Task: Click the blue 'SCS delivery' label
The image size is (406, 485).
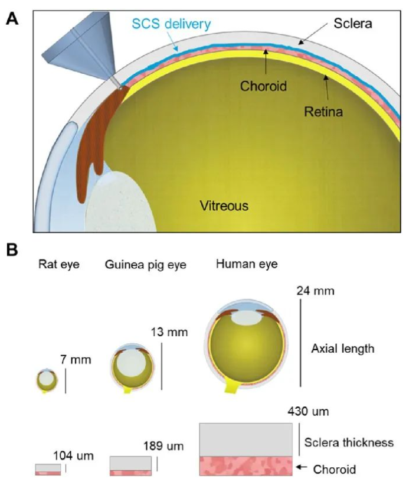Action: (172, 24)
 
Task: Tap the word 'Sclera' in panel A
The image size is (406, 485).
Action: (352, 24)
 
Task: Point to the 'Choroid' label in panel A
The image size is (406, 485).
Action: (264, 86)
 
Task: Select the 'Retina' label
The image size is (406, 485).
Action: (323, 112)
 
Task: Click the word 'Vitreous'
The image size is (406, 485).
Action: (224, 206)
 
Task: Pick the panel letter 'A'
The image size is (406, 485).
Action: (12, 19)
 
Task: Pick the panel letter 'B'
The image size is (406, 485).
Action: (12, 250)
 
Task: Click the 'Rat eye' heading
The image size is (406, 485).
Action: (58, 264)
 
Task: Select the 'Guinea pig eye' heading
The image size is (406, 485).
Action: (146, 265)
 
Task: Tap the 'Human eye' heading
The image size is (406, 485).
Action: (247, 264)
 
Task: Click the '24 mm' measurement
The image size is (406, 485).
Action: (315, 291)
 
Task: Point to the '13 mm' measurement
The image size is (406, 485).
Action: (169, 332)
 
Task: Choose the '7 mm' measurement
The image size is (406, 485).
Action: (76, 360)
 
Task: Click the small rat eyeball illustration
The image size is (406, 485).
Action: (47, 380)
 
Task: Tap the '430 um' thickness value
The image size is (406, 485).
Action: (308, 412)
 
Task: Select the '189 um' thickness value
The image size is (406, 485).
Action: (163, 447)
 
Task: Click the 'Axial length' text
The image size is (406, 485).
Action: (342, 349)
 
